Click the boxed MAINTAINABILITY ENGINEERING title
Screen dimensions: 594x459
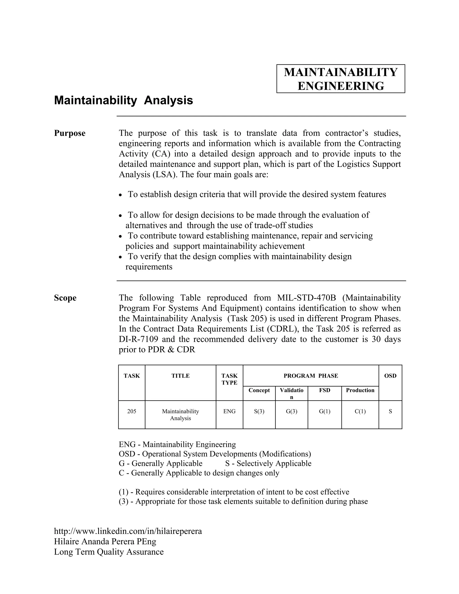pyautogui.click(x=340, y=79)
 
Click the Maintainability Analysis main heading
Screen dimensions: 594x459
pyautogui.click(x=123, y=100)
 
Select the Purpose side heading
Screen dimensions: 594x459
pyautogui.click(x=70, y=133)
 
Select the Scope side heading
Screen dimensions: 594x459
pyautogui.click(x=65, y=298)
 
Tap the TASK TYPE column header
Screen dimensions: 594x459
pyautogui.click(x=229, y=379)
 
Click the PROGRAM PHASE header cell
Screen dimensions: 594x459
pyautogui.click(x=311, y=376)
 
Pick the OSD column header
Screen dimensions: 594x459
pyautogui.click(x=390, y=376)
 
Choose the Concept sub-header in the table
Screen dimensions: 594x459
pyautogui.click(x=259, y=390)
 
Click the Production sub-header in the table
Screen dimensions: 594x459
pyautogui.click(x=360, y=390)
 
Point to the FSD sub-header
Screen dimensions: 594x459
pyautogui.click(x=324, y=390)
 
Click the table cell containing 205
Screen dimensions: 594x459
pyautogui.click(x=132, y=412)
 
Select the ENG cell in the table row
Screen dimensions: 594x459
pyautogui.click(x=229, y=412)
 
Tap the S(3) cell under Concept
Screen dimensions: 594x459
pyautogui.click(x=259, y=412)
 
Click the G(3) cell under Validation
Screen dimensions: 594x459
pyautogui.click(x=292, y=412)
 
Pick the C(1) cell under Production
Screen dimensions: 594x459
pyautogui.click(x=360, y=412)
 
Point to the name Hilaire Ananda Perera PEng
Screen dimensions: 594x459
pyautogui.click(x=105, y=542)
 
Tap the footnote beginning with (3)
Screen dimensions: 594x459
pyautogui.click(x=243, y=501)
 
